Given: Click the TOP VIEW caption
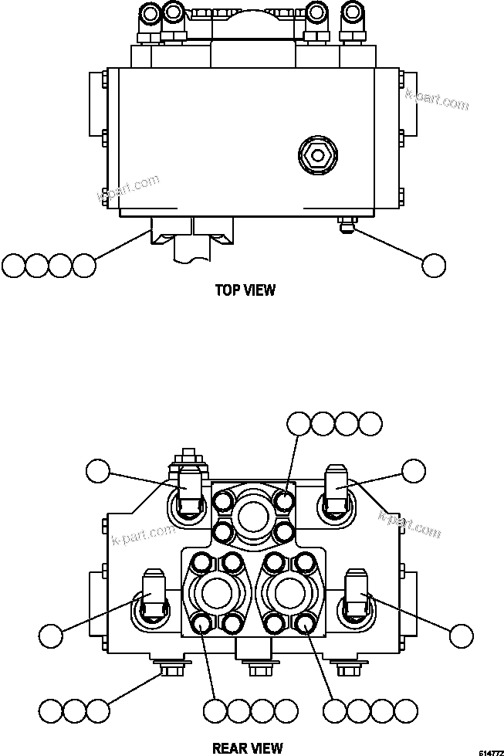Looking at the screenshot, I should click(245, 290).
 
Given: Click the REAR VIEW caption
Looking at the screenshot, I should click(247, 748).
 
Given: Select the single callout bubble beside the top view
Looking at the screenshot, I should click(435, 265).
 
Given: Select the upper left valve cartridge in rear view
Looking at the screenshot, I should click(189, 491).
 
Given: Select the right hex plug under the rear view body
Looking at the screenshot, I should click(344, 666).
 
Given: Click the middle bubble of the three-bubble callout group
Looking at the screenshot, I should click(74, 710).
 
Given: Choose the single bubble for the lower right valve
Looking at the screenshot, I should click(461, 636).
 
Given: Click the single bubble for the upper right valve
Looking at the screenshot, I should click(414, 471).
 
